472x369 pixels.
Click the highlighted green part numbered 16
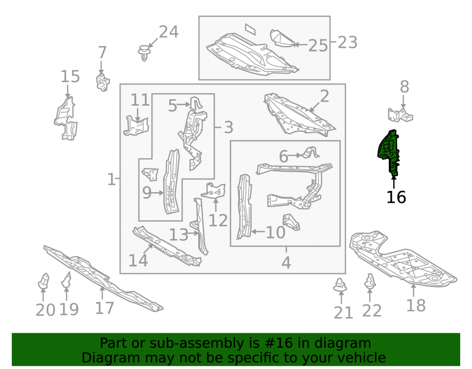(x=388, y=151)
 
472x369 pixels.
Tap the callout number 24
(x=169, y=32)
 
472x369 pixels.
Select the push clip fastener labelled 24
(x=144, y=53)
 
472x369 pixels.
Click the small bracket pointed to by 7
(x=102, y=82)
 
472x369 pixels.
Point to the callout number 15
(x=70, y=77)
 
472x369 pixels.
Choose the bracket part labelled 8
(x=400, y=115)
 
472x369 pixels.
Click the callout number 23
(x=347, y=43)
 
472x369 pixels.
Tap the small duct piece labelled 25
(x=282, y=38)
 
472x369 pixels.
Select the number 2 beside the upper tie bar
(x=324, y=96)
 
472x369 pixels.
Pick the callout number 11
(x=140, y=100)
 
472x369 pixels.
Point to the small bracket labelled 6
(x=311, y=152)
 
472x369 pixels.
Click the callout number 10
(x=276, y=232)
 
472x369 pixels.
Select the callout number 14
(x=138, y=260)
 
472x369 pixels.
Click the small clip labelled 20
(x=43, y=281)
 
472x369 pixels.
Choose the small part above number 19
(x=66, y=280)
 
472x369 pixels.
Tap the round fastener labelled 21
(x=340, y=284)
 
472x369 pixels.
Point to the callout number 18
(x=416, y=305)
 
